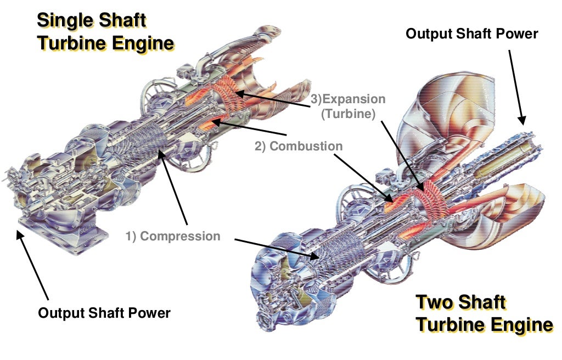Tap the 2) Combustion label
tap(298, 147)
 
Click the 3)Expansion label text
tap(348, 100)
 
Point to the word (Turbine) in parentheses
tap(348, 115)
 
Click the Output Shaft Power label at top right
tap(471, 33)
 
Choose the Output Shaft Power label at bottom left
tap(104, 313)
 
